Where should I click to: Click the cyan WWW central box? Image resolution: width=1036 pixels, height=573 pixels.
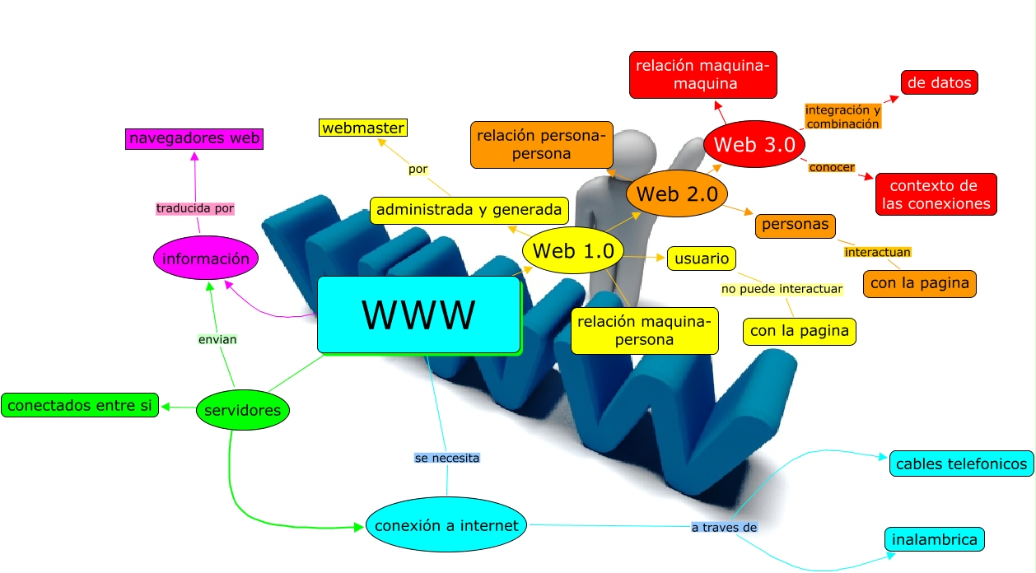(419, 314)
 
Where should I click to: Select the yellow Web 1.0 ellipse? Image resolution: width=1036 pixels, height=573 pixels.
(573, 251)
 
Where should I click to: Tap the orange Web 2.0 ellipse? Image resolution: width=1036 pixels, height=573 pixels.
(678, 194)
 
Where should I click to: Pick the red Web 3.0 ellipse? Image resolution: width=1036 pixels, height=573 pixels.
(754, 144)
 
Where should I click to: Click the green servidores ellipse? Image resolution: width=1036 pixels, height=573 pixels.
(243, 410)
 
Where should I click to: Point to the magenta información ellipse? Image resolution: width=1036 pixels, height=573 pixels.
(206, 259)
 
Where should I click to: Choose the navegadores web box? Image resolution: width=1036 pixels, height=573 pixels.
(194, 138)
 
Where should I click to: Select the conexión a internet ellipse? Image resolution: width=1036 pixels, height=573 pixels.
(446, 525)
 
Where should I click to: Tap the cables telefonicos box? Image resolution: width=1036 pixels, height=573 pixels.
(961, 464)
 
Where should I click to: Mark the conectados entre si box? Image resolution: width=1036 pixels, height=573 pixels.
(80, 405)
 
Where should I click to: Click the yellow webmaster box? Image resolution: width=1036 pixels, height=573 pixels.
(363, 128)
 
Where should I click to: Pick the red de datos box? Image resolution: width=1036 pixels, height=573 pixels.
(940, 82)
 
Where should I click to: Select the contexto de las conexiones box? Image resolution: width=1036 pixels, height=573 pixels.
(936, 194)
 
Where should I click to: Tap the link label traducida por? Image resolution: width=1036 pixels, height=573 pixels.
(195, 208)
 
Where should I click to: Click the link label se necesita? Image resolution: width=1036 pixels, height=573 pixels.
(446, 457)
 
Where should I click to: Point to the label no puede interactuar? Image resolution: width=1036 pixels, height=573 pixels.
(782, 289)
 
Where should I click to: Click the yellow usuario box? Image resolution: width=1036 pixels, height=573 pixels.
(702, 259)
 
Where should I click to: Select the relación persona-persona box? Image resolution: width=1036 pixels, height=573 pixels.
(542, 144)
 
